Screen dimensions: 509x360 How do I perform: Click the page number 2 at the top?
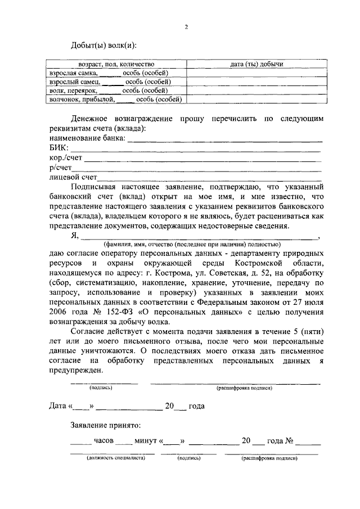[x=186, y=26]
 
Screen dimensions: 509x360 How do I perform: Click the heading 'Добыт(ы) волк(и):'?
[x=103, y=46]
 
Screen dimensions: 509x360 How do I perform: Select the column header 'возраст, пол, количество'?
[x=116, y=65]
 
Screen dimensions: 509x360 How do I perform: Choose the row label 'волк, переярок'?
[x=71, y=90]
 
